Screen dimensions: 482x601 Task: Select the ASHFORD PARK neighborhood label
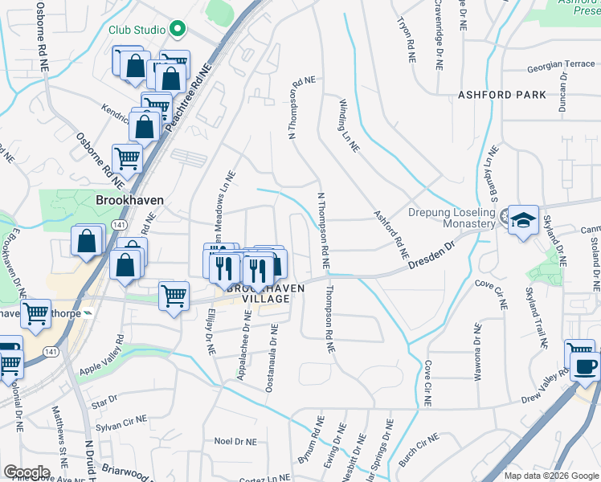click(501, 95)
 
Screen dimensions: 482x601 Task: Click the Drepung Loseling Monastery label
click(451, 218)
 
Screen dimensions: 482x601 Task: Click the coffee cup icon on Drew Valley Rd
click(584, 366)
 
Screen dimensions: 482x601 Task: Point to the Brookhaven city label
click(129, 201)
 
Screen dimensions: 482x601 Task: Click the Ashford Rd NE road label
click(391, 235)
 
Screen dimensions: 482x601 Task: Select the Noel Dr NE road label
click(235, 441)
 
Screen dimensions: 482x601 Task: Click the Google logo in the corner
click(26, 472)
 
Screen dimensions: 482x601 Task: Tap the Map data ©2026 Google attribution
click(550, 476)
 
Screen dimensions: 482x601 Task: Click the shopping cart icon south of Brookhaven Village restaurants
click(174, 297)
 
